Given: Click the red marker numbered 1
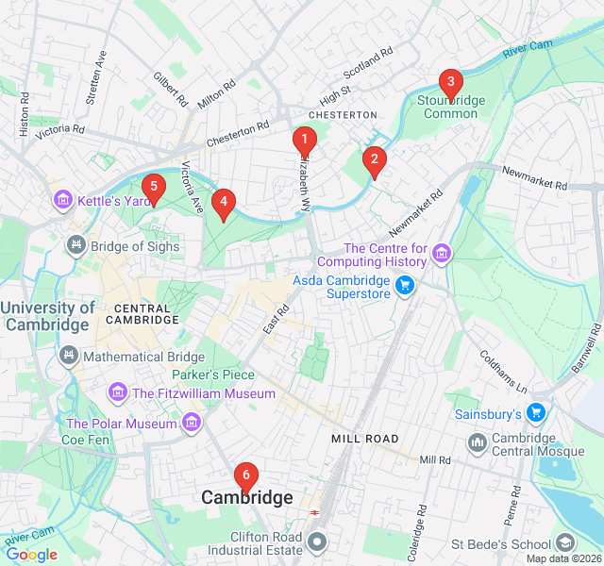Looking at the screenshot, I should (x=304, y=141).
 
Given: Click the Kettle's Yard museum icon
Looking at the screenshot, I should (x=63, y=201).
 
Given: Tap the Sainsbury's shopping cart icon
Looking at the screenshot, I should (x=536, y=413).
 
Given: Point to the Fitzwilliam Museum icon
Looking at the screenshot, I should (x=118, y=392).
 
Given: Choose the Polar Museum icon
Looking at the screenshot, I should (x=192, y=423).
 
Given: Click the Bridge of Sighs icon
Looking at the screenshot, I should (x=75, y=245).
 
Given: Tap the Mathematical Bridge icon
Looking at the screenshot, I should (x=68, y=356).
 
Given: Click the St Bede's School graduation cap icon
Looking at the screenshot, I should (x=564, y=543).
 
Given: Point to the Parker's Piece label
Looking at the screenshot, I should (x=213, y=375).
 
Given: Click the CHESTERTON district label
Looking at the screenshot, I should (x=343, y=114).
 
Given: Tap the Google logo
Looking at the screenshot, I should (x=31, y=555).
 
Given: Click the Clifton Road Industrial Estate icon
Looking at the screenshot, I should (x=317, y=543).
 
